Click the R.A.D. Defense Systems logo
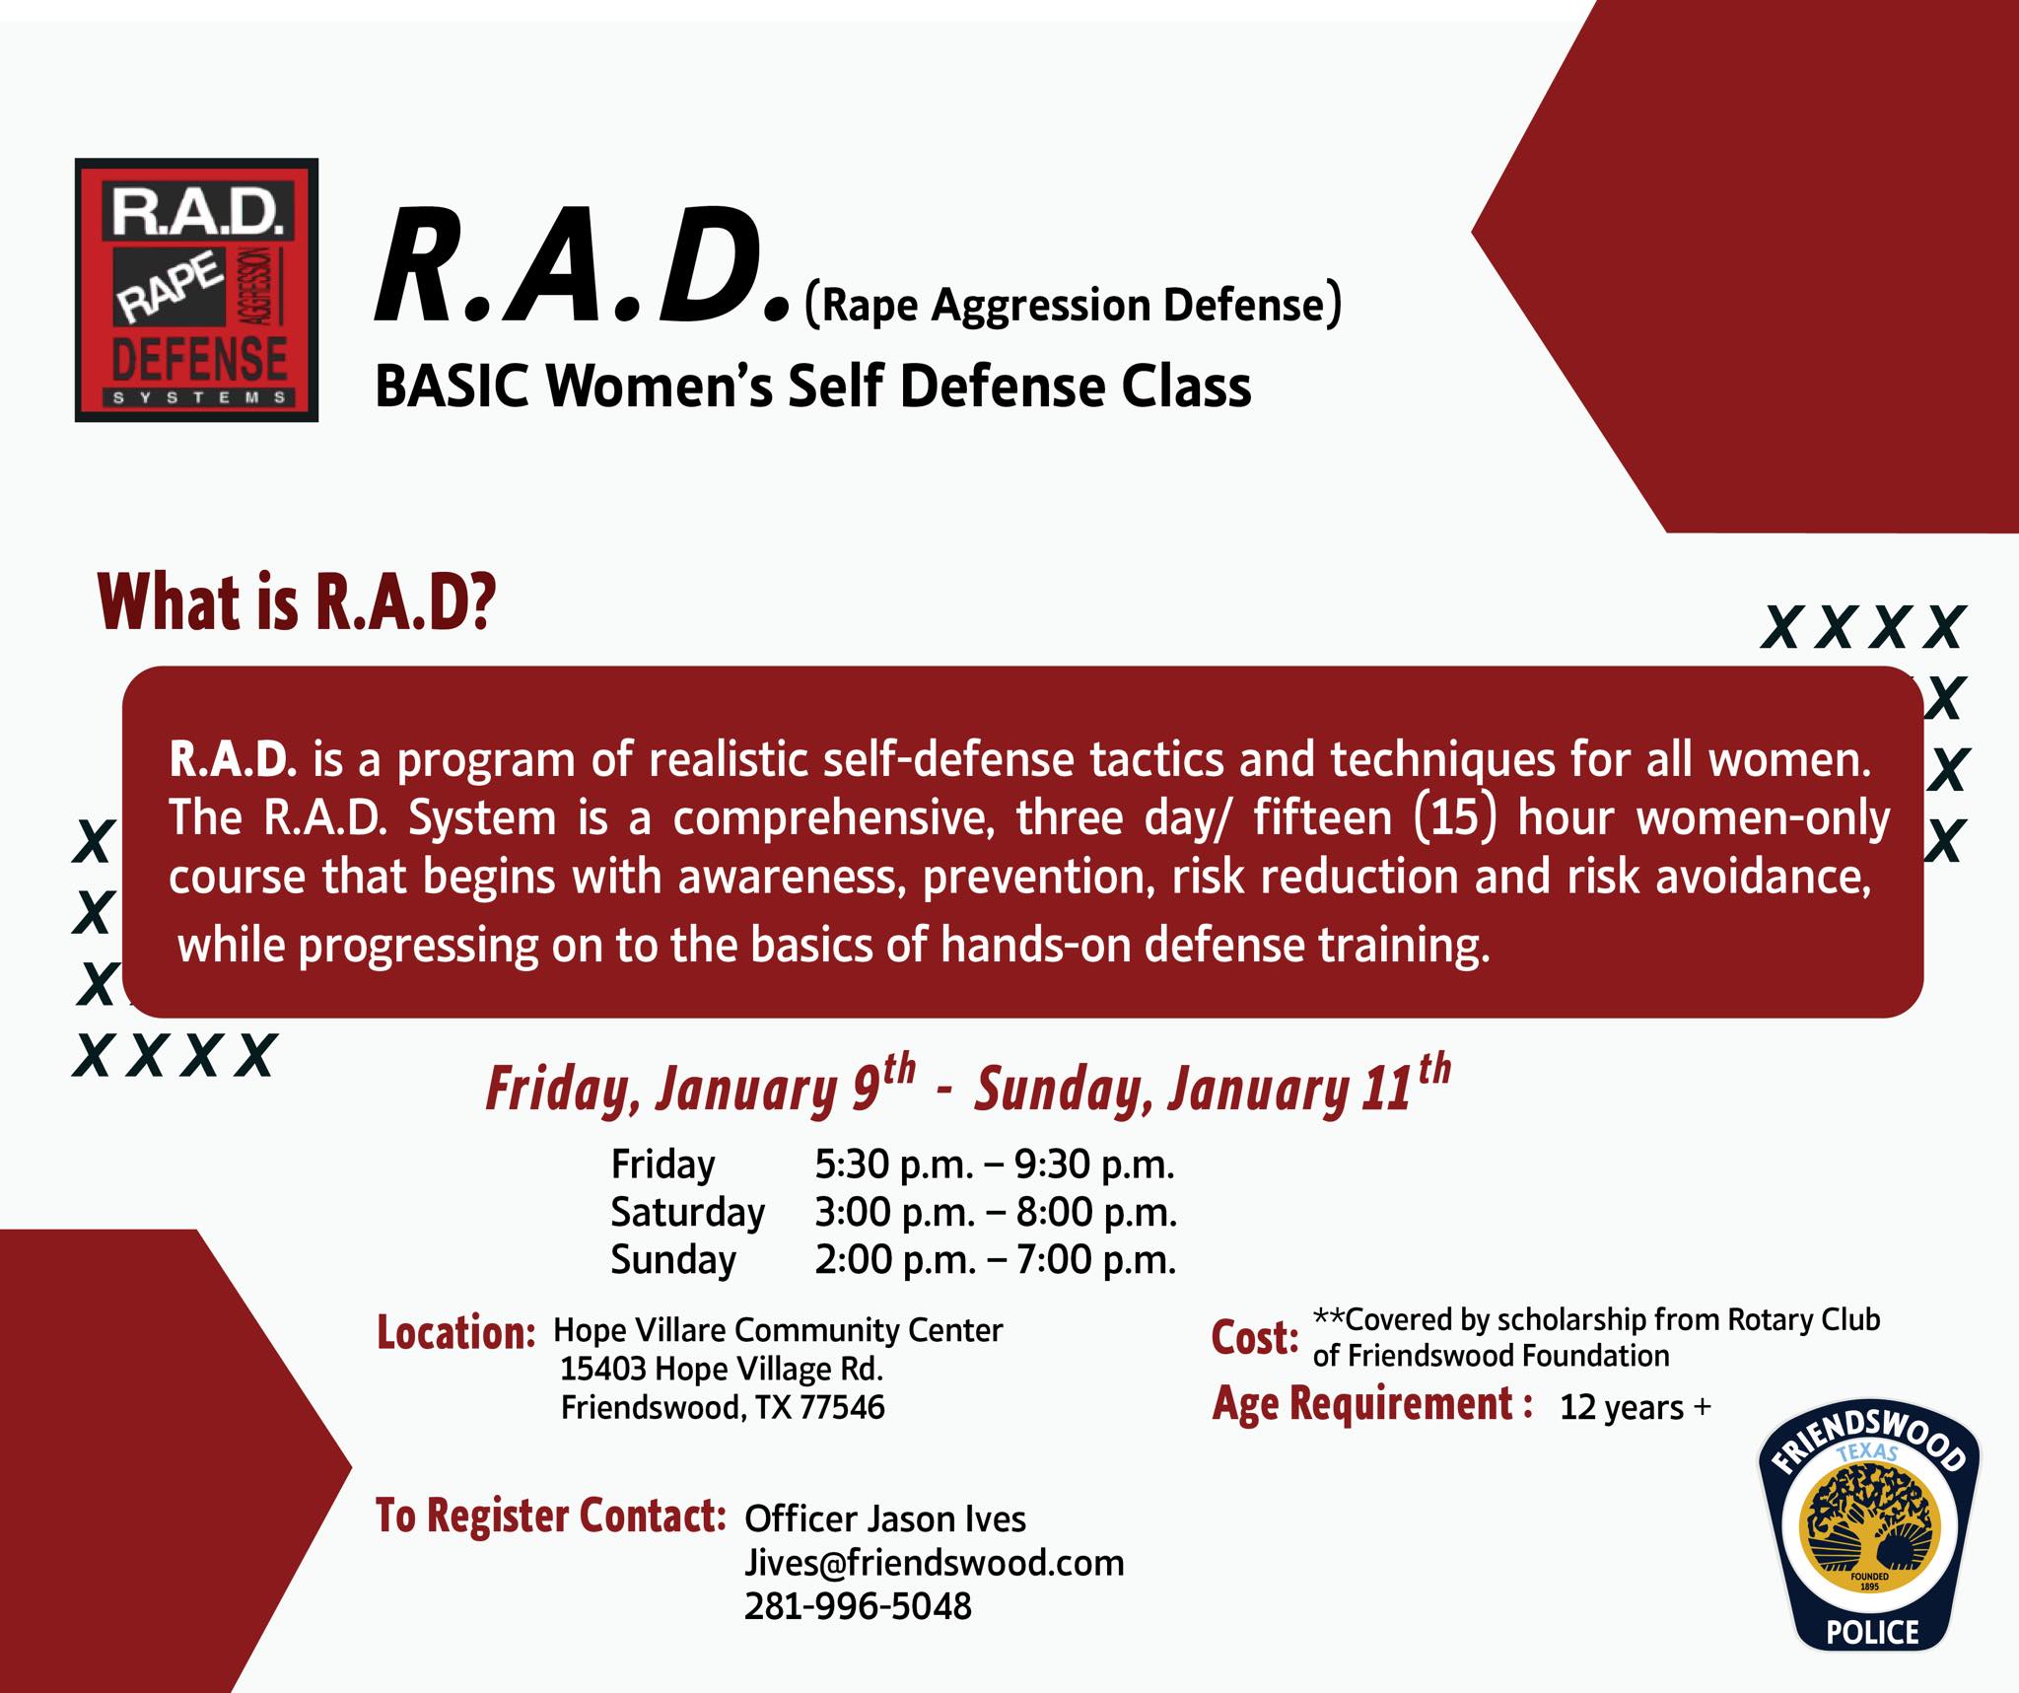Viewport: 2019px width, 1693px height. coord(196,290)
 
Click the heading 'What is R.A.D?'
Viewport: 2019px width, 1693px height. coord(297,602)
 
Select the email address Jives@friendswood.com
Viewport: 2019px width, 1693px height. coord(934,1563)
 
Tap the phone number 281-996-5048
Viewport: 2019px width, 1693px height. coord(858,1606)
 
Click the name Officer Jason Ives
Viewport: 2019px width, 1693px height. coord(885,1518)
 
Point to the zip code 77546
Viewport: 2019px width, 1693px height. coord(842,1407)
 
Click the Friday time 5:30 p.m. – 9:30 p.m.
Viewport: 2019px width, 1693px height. coord(995,1164)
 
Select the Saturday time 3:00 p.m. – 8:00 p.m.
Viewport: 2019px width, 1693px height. coord(996,1212)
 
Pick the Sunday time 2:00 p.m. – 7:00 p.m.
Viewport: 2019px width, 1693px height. coord(996,1259)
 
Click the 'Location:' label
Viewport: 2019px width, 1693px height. coord(456,1332)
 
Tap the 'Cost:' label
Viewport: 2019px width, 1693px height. coord(1255,1338)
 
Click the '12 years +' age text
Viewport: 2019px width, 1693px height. coord(1636,1407)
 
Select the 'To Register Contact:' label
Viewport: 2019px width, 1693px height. coord(551,1516)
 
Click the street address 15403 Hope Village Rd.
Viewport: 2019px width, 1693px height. coord(722,1369)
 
